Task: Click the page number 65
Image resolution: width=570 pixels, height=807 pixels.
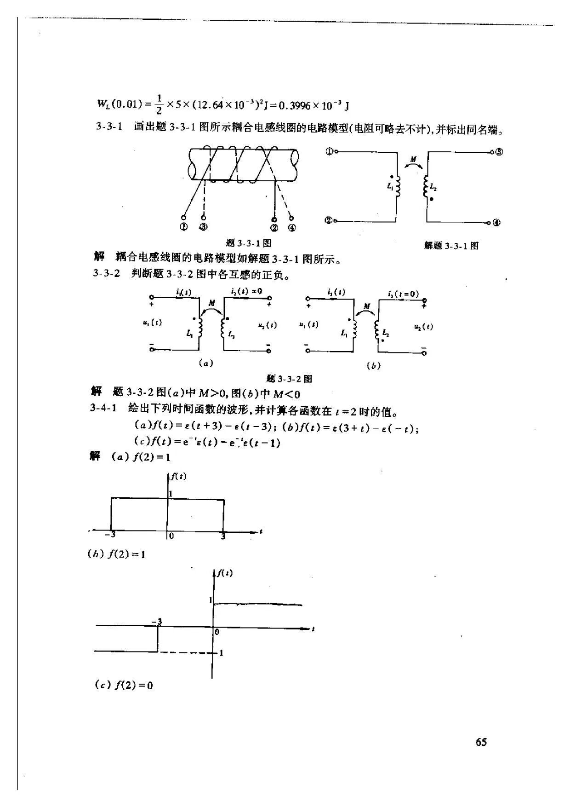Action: pyautogui.click(x=481, y=742)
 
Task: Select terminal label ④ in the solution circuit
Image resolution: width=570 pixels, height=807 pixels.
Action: pyautogui.click(x=496, y=223)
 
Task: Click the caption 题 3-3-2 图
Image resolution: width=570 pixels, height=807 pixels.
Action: pyautogui.click(x=289, y=379)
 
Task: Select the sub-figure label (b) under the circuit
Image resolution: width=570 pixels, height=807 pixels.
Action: pyautogui.click(x=373, y=366)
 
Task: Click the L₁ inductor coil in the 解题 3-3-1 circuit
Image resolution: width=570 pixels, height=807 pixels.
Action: pyautogui.click(x=398, y=186)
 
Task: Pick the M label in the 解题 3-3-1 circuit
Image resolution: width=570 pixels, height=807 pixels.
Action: pyautogui.click(x=413, y=160)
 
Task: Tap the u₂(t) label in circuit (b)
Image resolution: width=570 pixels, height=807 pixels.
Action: pyautogui.click(x=423, y=327)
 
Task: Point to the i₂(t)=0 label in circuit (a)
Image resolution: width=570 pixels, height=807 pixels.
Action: pyautogui.click(x=247, y=291)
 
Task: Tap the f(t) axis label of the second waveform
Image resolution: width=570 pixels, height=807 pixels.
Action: pyautogui.click(x=225, y=573)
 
